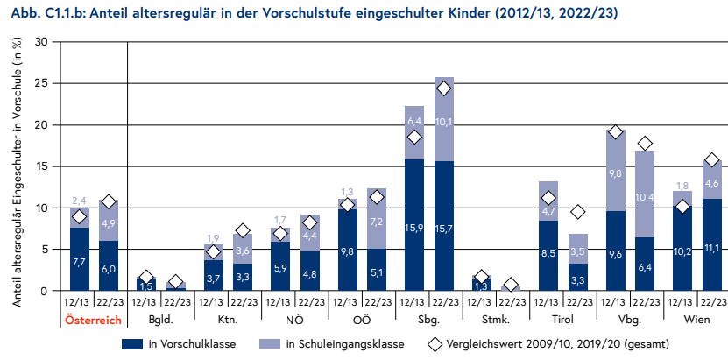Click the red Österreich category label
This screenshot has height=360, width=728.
tap(94, 321)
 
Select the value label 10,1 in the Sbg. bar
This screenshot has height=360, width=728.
tap(444, 122)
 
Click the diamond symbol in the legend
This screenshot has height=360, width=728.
tap(435, 345)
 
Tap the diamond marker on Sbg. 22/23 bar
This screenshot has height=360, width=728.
tap(444, 88)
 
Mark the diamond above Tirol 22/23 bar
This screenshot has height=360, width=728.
tap(578, 212)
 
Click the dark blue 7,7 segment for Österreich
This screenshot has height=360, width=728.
tap(79, 261)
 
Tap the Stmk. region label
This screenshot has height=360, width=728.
tap(495, 321)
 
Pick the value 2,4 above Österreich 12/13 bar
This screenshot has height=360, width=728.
tap(79, 201)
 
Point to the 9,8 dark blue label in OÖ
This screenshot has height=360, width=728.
tap(347, 252)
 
